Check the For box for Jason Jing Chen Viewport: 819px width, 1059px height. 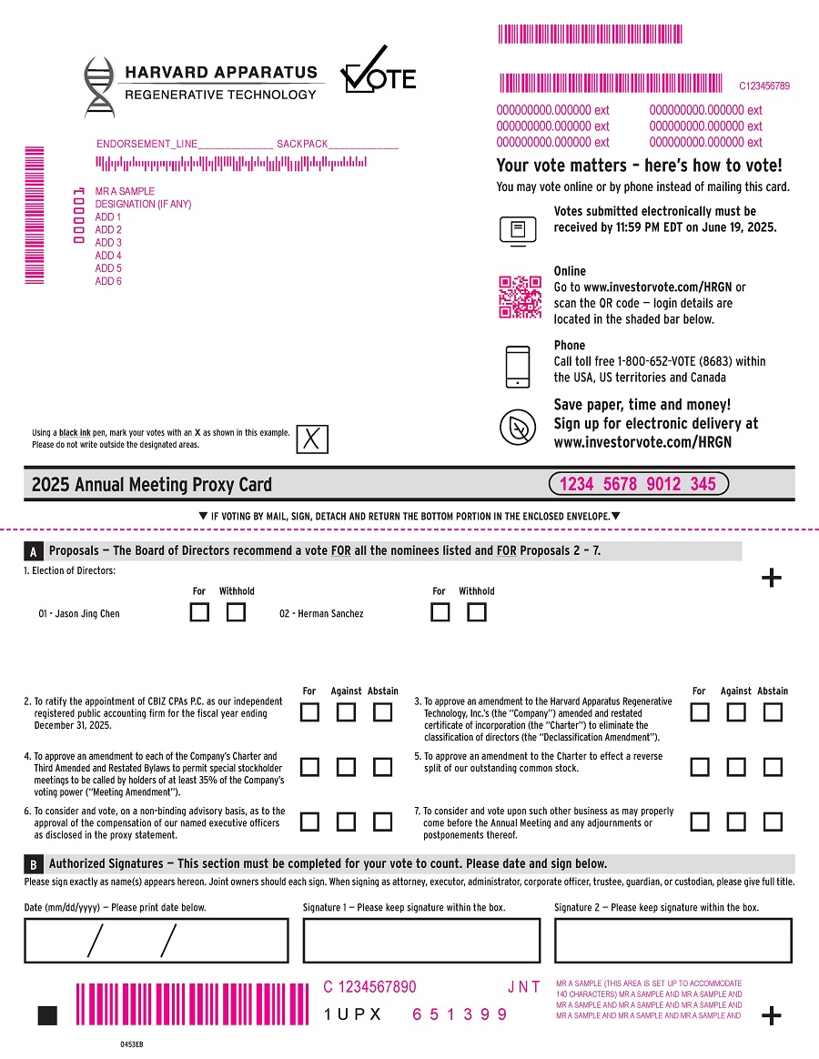(199, 612)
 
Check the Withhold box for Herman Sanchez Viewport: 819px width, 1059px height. (477, 612)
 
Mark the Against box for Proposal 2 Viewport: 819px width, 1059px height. (346, 713)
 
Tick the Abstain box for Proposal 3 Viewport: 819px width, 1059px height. (773, 713)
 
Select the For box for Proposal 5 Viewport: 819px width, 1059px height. (699, 767)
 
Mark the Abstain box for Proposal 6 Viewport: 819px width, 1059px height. (383, 822)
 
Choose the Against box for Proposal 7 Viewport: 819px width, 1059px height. (736, 822)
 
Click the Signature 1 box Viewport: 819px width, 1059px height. (421, 940)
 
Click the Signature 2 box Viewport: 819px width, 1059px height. (672, 940)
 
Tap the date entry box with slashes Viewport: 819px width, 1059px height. (156, 940)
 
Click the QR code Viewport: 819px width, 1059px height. (521, 297)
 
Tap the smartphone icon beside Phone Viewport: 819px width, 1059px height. (518, 367)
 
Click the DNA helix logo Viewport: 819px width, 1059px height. (99, 86)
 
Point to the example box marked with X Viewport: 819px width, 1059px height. (311, 439)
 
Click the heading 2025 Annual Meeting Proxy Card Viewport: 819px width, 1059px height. (151, 484)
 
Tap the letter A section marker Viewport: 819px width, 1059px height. (33, 551)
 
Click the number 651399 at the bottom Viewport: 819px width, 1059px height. (460, 1014)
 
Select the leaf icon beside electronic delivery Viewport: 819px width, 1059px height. (518, 426)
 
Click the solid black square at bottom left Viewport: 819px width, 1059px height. (47, 1015)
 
